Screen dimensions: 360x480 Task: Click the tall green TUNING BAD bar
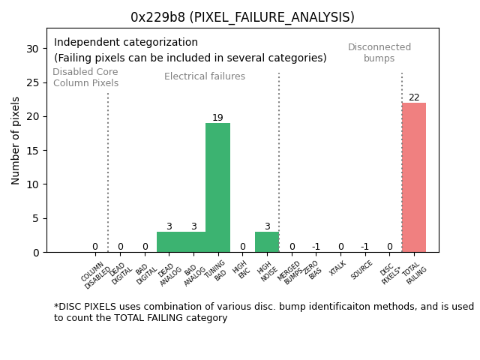coord(217,187)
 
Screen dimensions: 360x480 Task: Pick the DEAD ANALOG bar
coord(169,242)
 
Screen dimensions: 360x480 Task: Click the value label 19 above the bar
coord(217,118)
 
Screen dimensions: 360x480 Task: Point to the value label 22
coord(414,97)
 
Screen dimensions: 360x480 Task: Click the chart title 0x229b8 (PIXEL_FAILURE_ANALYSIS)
coord(242,17)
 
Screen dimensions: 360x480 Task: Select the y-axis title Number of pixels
coord(16,140)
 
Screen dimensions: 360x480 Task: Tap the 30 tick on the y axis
coord(33,49)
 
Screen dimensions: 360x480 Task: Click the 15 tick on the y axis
coord(33,151)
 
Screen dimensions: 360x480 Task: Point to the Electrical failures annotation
coord(205,76)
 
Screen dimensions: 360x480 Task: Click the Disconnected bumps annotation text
coord(379,52)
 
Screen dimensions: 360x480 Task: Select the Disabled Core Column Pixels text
coord(85,77)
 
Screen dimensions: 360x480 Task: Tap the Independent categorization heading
coord(126,43)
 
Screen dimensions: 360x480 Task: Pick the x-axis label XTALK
coord(338,268)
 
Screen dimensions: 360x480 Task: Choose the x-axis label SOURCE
coord(362,269)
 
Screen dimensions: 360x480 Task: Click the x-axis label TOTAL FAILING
coord(415,274)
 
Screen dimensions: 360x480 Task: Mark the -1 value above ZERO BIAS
coord(316,247)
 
